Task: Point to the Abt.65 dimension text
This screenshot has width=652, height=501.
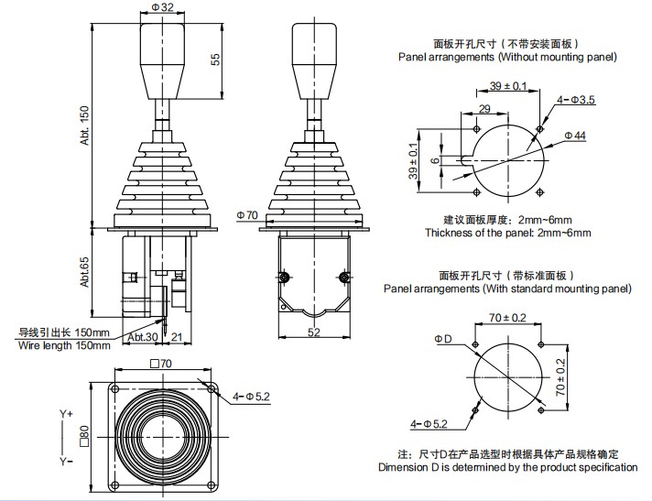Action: coord(84,273)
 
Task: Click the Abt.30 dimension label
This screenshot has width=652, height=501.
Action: coord(142,337)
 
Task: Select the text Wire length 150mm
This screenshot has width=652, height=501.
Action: coord(64,345)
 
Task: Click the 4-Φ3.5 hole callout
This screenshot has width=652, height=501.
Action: coord(576,99)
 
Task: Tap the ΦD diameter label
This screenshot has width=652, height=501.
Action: coord(442,338)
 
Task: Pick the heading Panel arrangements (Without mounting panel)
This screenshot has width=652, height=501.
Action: coord(507,57)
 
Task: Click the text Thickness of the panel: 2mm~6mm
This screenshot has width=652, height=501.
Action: coord(507,233)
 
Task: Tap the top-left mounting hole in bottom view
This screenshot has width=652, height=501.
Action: coord(114,389)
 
